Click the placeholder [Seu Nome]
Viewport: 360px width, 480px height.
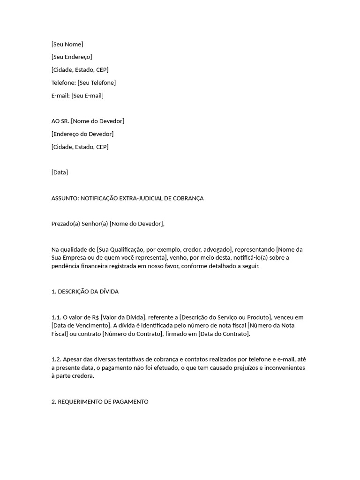coord(67,45)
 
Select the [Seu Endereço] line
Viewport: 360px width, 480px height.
coord(72,57)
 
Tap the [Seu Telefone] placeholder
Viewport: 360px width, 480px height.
coord(97,83)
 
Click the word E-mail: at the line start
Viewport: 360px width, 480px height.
coord(60,96)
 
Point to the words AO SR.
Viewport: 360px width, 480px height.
coord(60,121)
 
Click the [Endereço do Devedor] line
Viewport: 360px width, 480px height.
coord(82,134)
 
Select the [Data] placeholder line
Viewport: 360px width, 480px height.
coord(60,172)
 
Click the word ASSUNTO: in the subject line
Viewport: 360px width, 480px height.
coord(65,198)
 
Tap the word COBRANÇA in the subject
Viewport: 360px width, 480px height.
coord(187,198)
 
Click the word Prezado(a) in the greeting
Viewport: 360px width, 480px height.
coord(66,224)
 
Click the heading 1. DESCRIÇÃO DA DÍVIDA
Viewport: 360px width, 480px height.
coord(85,292)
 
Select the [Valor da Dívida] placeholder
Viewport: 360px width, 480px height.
coord(122,317)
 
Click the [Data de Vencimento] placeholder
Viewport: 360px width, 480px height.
coord(80,326)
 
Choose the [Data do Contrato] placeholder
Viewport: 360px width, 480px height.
coord(224,334)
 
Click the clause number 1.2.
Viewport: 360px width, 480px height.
coord(56,360)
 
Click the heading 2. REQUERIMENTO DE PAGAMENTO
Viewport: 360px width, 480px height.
coord(100,402)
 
